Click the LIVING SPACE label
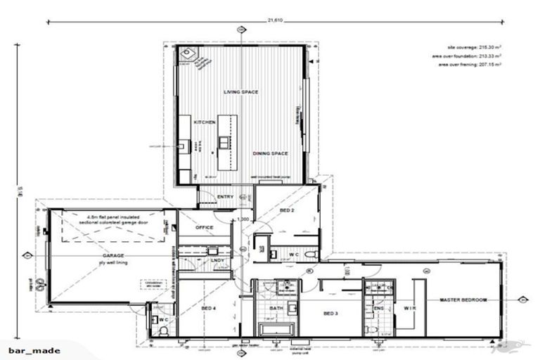click(241, 92)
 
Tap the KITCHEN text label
click(205, 122)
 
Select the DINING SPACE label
click(270, 152)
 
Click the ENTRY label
click(226, 197)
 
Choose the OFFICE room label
click(205, 227)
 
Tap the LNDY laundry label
click(218, 261)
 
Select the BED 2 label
click(287, 210)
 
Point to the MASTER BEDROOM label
click(463, 300)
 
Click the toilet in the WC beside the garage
click(155, 330)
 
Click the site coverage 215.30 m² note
click(470, 47)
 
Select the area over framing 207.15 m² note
click(470, 64)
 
